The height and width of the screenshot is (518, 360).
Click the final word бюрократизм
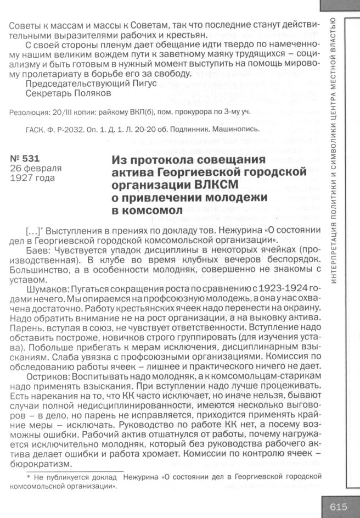tap(36, 462)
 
